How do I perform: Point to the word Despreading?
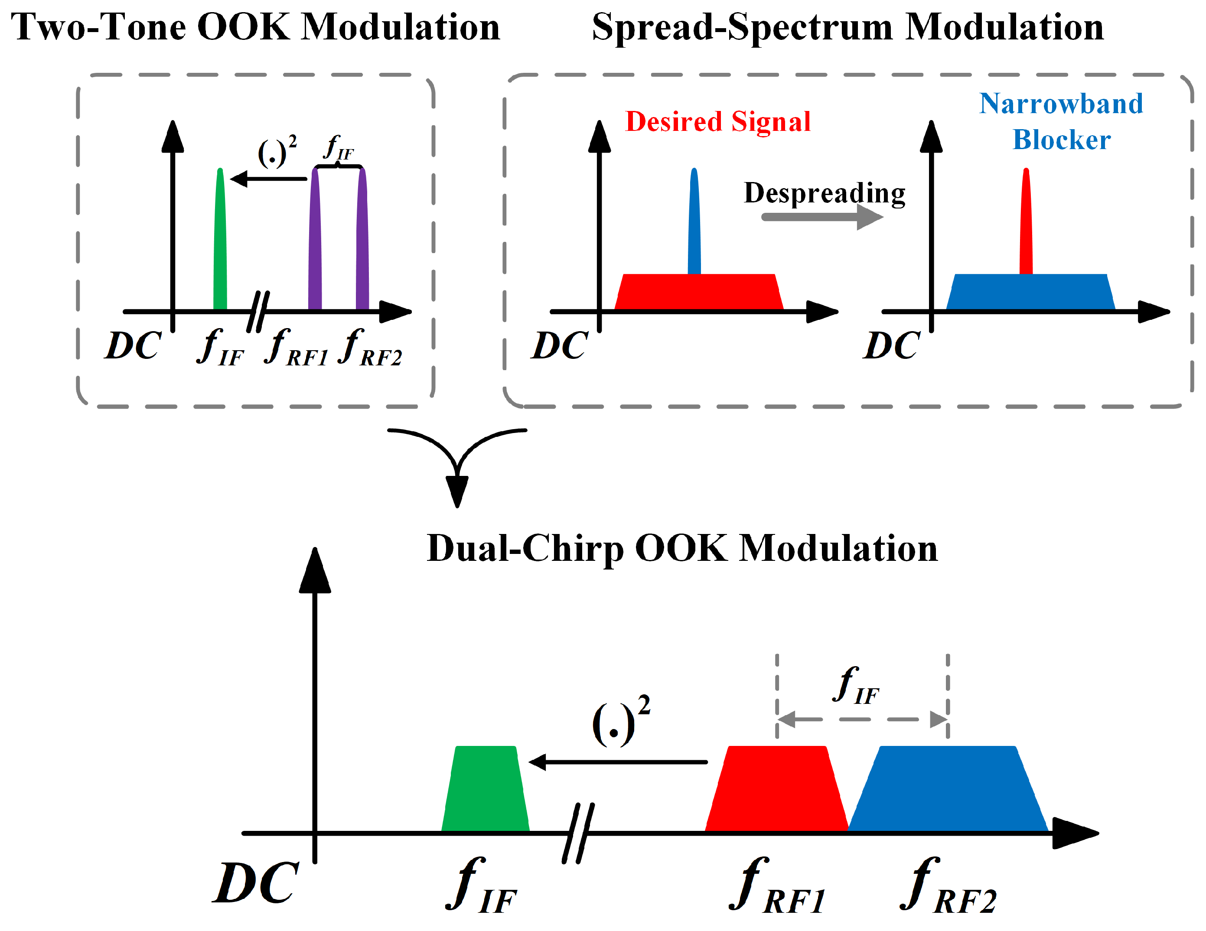[x=825, y=193]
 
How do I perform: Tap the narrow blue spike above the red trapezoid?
[x=694, y=221]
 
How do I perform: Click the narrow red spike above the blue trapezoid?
[x=1026, y=221]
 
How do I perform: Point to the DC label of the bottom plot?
[x=256, y=883]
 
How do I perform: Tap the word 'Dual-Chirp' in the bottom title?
[x=525, y=550]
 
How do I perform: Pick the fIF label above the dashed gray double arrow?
[x=856, y=687]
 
